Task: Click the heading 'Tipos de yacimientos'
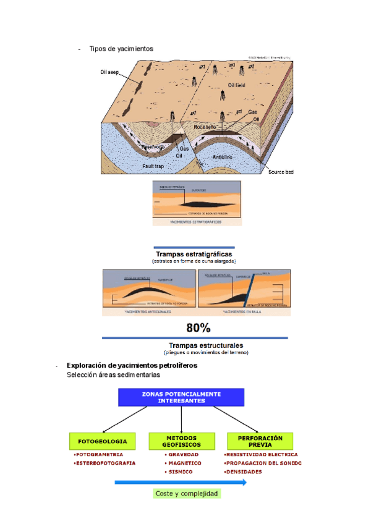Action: (x=121, y=48)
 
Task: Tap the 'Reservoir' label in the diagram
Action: (x=153, y=146)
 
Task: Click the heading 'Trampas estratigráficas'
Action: (x=194, y=254)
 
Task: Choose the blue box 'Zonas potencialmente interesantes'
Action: (x=181, y=397)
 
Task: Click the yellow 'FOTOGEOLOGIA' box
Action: (x=102, y=441)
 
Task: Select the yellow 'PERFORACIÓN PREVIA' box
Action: (x=260, y=441)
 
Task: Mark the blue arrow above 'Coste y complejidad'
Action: (x=181, y=483)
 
